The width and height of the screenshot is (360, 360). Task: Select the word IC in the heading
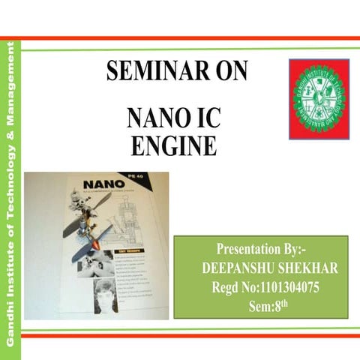click(204, 119)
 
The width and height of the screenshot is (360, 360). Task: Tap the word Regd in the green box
click(227, 288)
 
